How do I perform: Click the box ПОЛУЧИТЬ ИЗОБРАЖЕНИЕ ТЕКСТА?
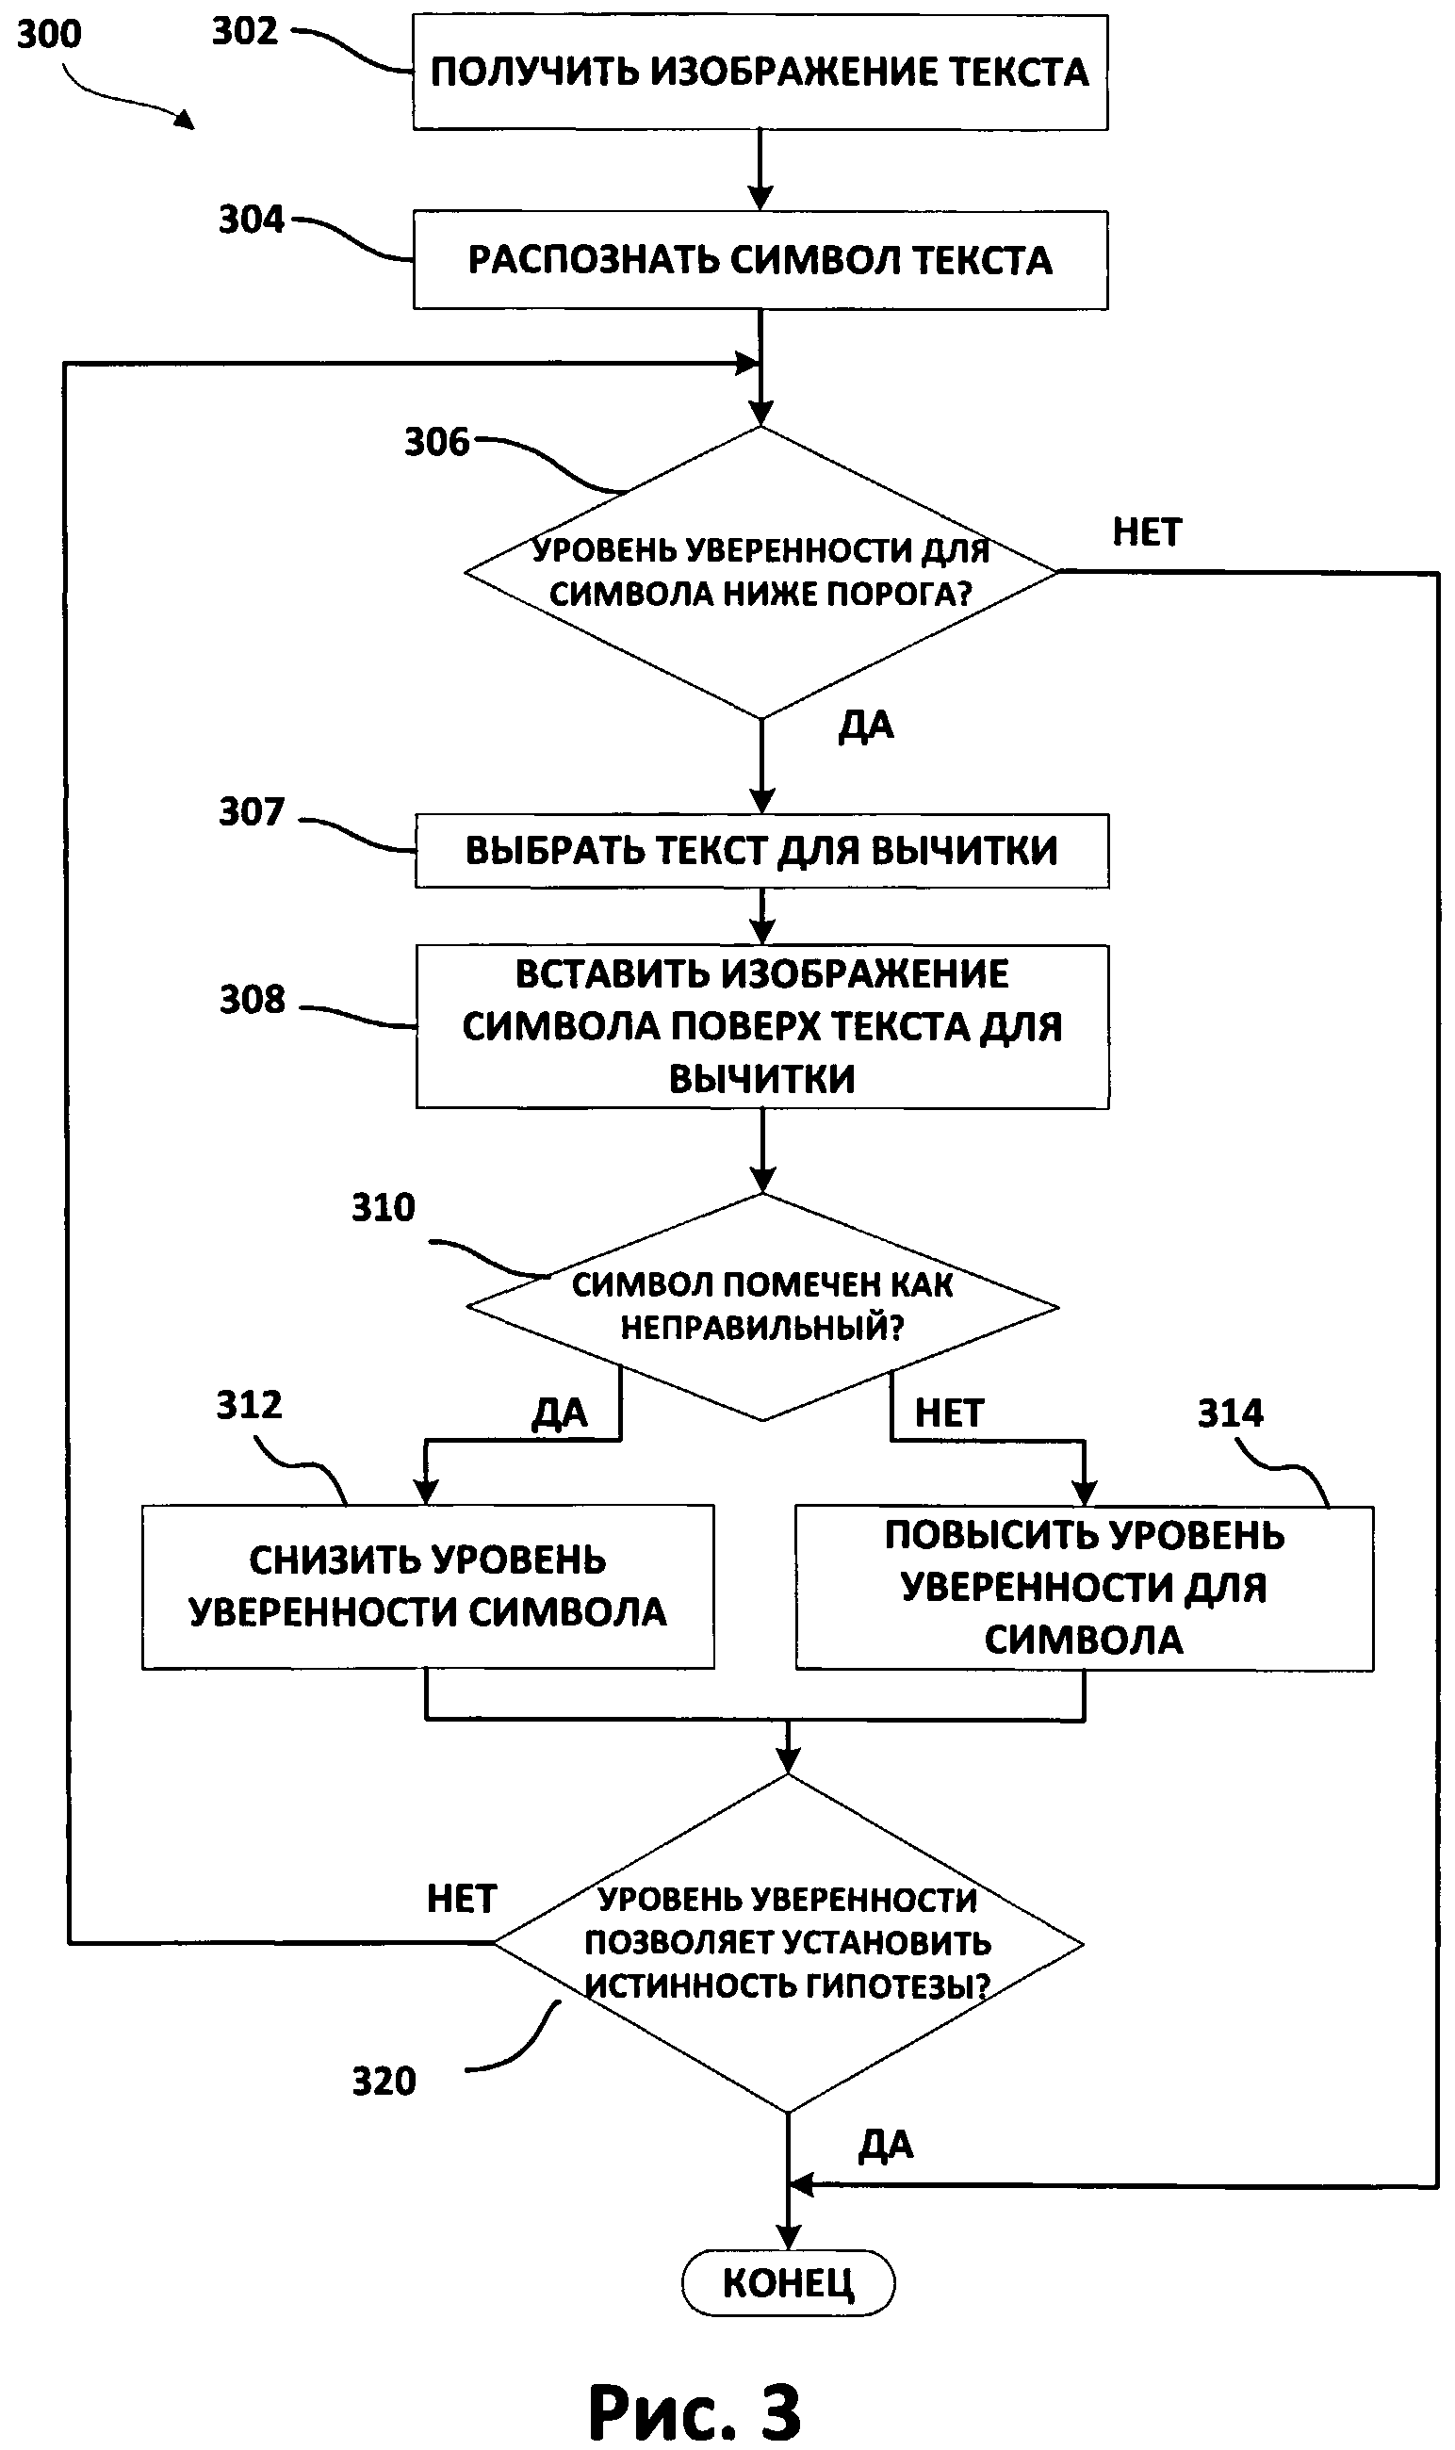tap(760, 72)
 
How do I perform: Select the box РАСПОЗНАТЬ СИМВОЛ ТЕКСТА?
tap(760, 260)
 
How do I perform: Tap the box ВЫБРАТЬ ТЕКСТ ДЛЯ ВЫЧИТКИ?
tap(761, 850)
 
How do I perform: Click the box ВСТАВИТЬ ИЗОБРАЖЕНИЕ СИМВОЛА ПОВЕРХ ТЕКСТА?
tap(761, 1025)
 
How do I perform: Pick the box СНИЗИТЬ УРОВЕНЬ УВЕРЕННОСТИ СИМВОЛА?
tap(428, 1586)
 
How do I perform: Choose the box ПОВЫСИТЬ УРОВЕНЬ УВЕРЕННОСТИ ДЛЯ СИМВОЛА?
tap(1084, 1587)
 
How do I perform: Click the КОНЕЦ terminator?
tap(787, 2283)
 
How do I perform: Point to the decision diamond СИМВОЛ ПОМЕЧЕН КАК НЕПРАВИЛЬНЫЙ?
tap(761, 1306)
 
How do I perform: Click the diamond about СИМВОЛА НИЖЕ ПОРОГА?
tap(760, 573)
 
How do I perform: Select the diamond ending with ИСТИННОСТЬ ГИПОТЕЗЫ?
tap(787, 1943)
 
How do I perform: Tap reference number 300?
tap(49, 34)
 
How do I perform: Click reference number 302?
tap(245, 31)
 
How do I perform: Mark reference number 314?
tap(1231, 1413)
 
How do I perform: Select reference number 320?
tap(384, 2082)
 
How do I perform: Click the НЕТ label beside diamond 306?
tap(1146, 531)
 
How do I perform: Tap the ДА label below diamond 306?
tap(866, 726)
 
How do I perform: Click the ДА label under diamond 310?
tap(559, 1413)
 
